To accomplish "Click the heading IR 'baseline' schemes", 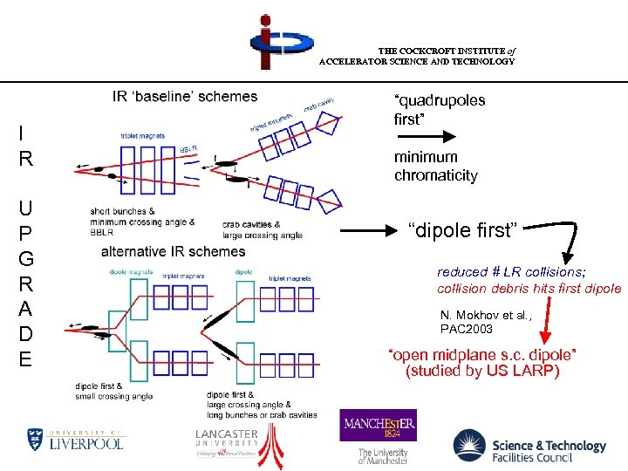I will pos(185,96).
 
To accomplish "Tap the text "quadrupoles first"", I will pos(439,109).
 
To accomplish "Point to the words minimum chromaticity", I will pos(435,166).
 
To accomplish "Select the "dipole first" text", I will pos(463,231).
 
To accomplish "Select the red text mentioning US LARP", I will pos(482,362).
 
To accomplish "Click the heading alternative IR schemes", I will pos(174,252).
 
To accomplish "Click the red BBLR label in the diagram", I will pos(188,151).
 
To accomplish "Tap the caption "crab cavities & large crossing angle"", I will pos(262,229).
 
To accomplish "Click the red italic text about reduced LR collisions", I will pos(529,280).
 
